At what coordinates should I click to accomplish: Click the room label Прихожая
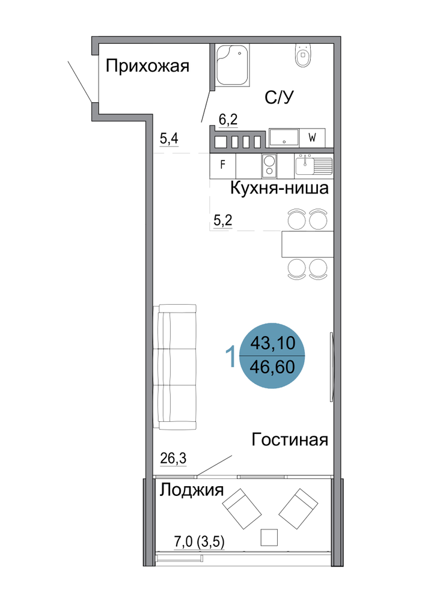tap(147, 66)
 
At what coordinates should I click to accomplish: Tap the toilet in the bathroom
tap(303, 56)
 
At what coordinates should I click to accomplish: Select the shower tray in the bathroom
tap(232, 65)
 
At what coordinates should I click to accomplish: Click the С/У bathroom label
tap(279, 98)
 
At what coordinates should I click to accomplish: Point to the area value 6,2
tap(228, 120)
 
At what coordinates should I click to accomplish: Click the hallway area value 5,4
tap(169, 138)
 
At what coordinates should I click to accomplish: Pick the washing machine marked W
tap(313, 138)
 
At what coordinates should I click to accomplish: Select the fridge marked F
tap(222, 165)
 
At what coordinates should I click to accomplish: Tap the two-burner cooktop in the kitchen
tap(269, 166)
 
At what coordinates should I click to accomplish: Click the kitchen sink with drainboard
tap(313, 166)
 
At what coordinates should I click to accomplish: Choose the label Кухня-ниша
tap(279, 188)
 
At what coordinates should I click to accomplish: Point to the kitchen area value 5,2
tap(222, 221)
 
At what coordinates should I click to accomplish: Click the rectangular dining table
tap(307, 244)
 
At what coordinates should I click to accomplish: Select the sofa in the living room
tap(175, 367)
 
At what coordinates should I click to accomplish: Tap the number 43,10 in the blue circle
tap(273, 343)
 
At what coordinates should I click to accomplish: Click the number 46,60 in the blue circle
tap(272, 367)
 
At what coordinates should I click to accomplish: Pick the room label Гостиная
tap(290, 440)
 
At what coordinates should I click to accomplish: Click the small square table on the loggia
tap(269, 537)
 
